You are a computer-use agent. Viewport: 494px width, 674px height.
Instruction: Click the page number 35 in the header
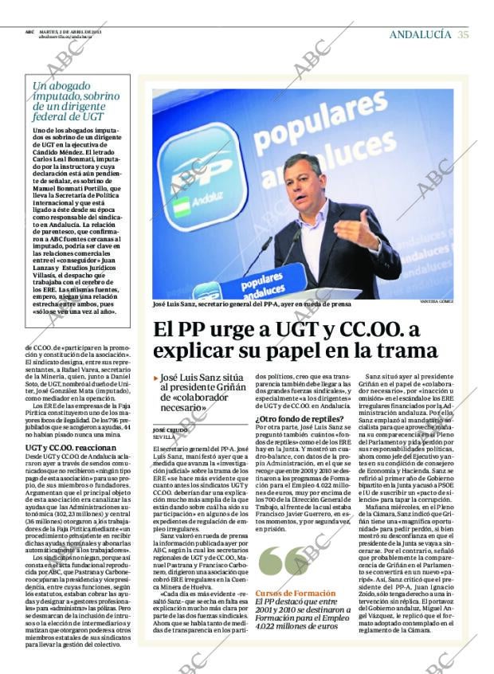pyautogui.click(x=463, y=34)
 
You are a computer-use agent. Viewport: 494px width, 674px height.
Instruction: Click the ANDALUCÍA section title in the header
pyautogui.click(x=420, y=34)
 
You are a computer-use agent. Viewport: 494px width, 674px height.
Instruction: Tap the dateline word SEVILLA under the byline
pyautogui.click(x=163, y=437)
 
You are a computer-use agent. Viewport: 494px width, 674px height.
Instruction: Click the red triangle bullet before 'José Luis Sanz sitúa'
pyautogui.click(x=155, y=378)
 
